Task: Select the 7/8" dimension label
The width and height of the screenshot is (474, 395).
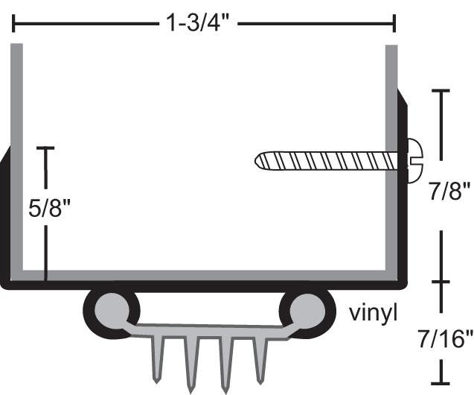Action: [x=449, y=195]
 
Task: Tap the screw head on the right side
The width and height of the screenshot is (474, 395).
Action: [x=414, y=160]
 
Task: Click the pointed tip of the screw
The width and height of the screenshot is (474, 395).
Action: [x=258, y=160]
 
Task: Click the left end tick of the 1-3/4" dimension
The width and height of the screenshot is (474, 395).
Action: [x=13, y=24]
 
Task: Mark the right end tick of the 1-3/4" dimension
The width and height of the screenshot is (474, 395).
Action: [x=394, y=24]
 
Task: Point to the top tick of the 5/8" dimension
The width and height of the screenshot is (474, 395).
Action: [x=46, y=148]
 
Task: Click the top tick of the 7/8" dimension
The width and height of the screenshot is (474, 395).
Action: [x=441, y=90]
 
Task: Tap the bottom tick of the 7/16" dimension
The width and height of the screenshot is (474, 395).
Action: [x=442, y=381]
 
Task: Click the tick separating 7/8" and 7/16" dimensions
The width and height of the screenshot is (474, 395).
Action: [x=442, y=282]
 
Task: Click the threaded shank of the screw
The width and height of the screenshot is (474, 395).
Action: [x=327, y=160]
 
